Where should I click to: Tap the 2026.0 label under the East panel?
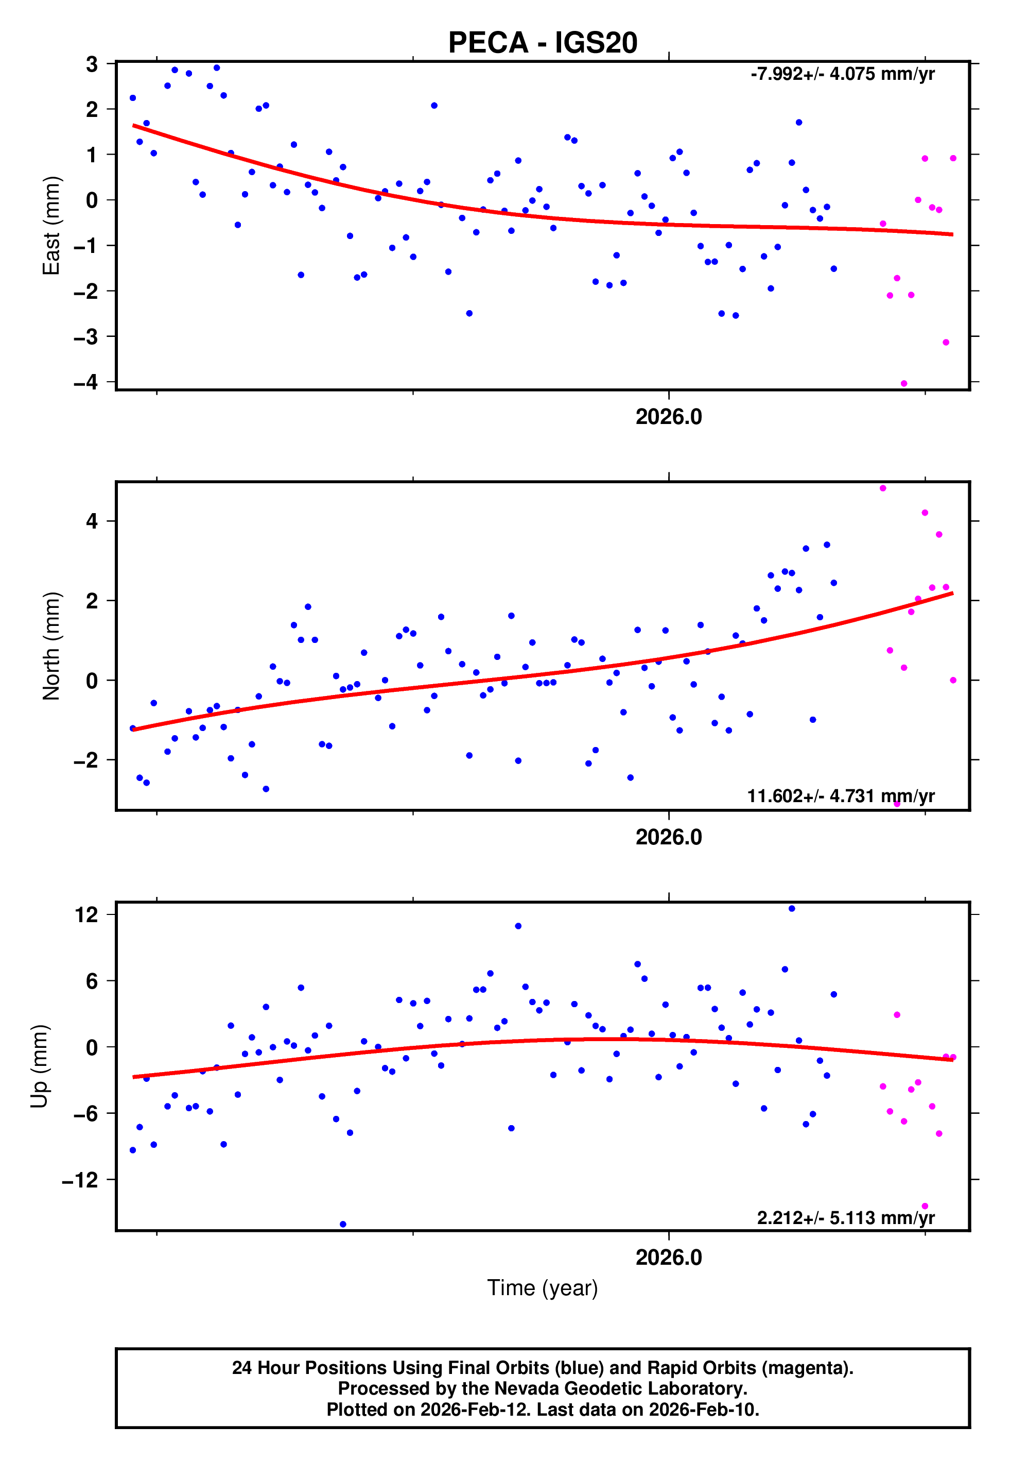[668, 417]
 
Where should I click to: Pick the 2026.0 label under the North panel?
[668, 837]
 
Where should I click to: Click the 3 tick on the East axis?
[92, 64]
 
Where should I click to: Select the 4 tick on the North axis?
[92, 521]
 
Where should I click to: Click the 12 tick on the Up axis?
[86, 914]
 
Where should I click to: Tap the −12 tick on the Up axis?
[80, 1180]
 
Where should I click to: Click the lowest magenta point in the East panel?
[903, 384]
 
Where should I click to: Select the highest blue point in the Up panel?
[792, 909]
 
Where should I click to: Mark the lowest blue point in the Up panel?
[343, 1225]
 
